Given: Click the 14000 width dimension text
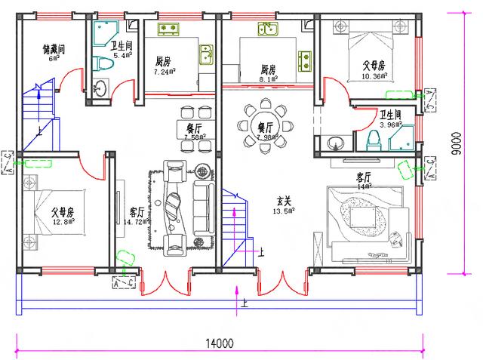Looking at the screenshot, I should point(217,343).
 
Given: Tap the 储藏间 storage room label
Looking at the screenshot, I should point(54,49).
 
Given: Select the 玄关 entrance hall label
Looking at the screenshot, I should point(284,202).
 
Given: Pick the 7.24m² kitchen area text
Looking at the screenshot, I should point(165,72).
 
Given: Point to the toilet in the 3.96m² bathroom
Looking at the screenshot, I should point(371,141).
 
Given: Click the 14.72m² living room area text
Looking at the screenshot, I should point(125,223).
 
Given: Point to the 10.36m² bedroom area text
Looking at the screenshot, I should point(374,77).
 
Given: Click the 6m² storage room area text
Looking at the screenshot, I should point(53,59).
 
